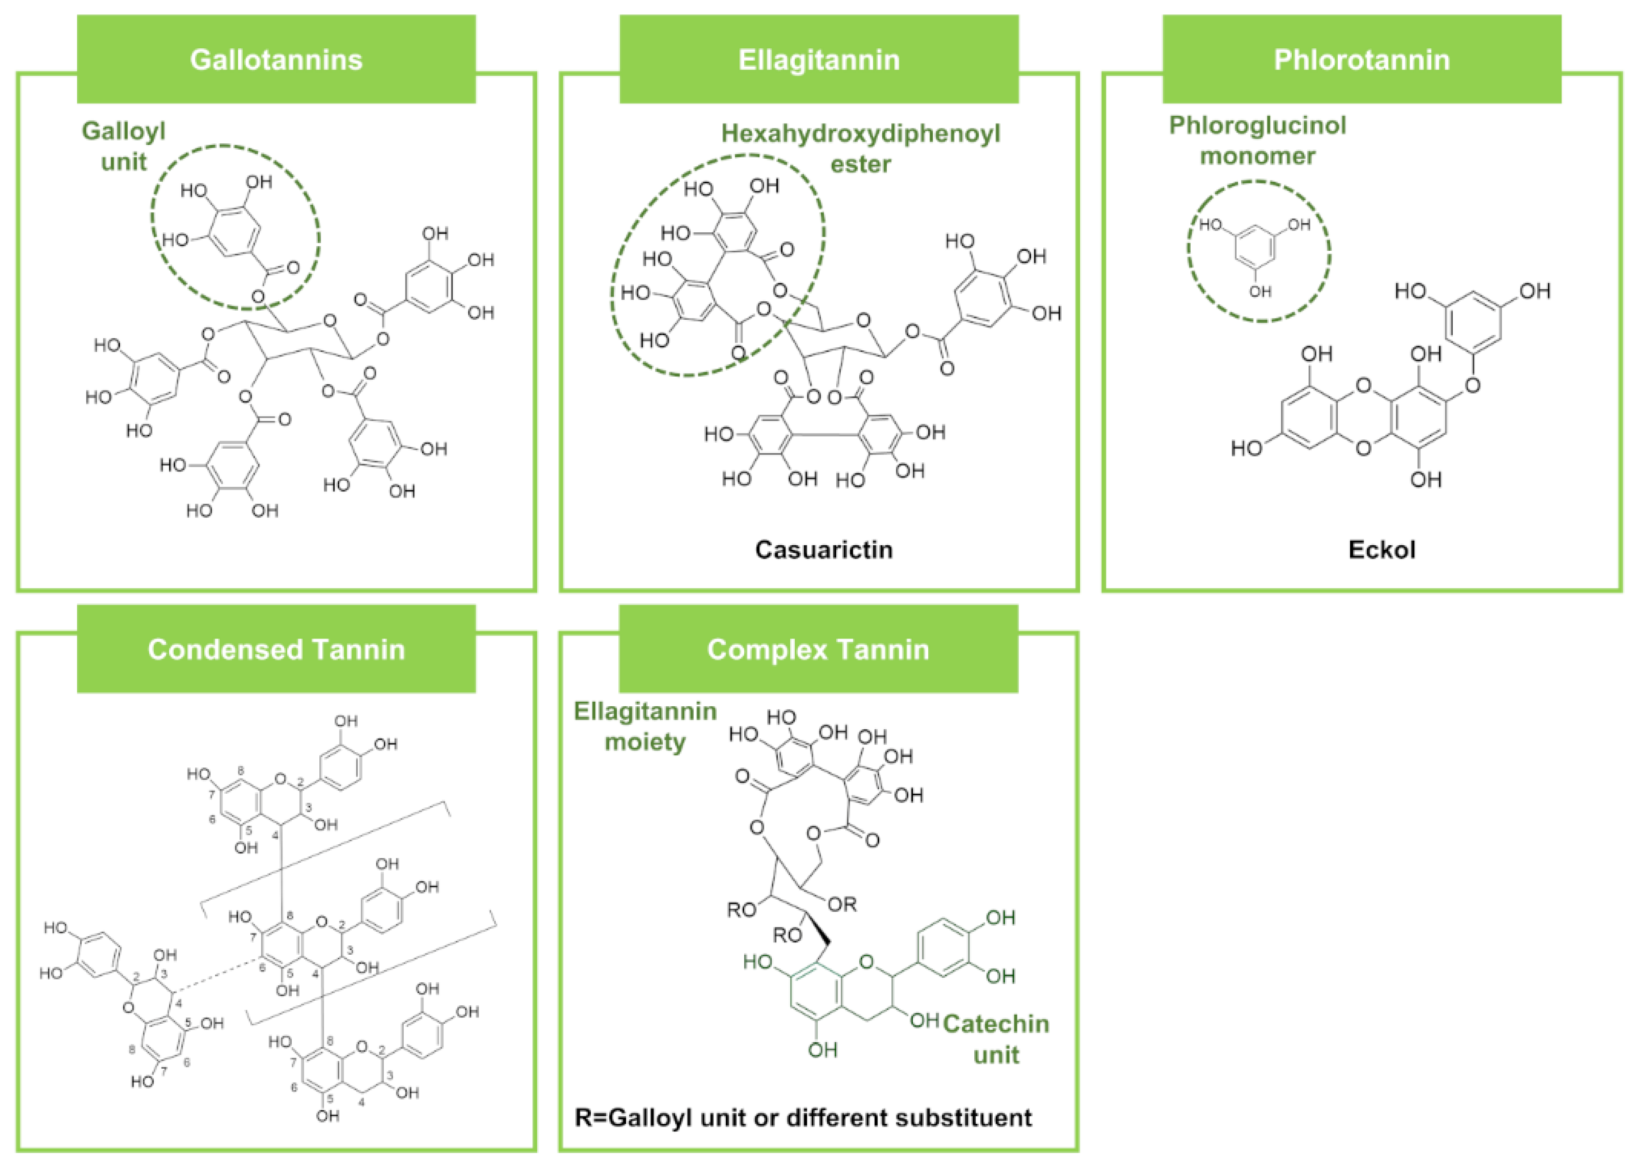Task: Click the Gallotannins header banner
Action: pos(276,59)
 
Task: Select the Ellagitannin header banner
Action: pos(819,59)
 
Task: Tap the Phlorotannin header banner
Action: pos(1362,59)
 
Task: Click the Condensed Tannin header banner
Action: pos(276,649)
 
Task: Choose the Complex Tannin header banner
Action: pos(818,649)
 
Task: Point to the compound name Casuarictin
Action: pos(824,549)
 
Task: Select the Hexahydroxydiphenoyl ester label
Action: pos(861,148)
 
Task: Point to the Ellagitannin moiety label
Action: pos(645,726)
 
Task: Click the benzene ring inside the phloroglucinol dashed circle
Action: pos(1254,247)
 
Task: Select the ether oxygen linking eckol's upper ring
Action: pos(1473,386)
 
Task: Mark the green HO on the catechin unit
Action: pos(758,962)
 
